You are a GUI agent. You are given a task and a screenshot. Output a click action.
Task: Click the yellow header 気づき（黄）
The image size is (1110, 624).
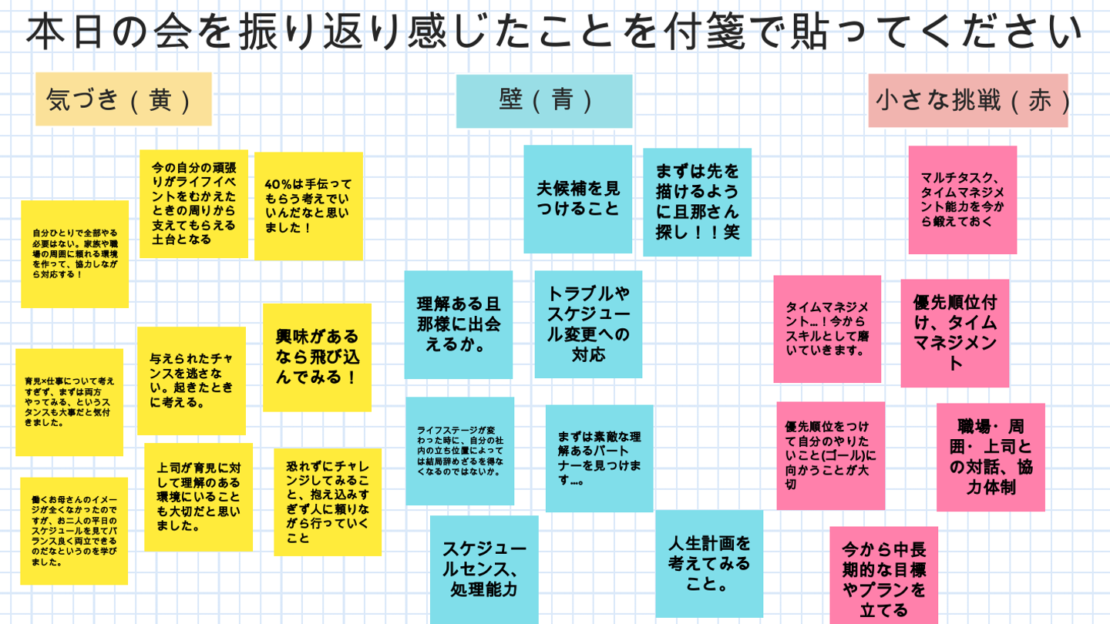pos(123,99)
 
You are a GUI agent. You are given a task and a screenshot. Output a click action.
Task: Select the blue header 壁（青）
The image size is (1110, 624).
pos(544,101)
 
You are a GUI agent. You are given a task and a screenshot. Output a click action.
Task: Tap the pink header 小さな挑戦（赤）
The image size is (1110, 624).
pos(968,101)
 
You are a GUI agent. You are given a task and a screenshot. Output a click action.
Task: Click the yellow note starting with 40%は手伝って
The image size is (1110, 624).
pos(308,206)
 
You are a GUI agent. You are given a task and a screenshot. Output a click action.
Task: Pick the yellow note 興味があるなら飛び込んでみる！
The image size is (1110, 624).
pos(317,357)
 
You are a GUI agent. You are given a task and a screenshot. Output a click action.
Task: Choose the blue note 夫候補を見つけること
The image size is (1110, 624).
pos(578,199)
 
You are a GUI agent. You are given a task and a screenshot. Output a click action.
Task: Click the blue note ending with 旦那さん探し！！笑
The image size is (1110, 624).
pos(697,202)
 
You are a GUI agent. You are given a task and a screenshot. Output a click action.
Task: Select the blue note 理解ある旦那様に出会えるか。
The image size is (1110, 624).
pos(459,324)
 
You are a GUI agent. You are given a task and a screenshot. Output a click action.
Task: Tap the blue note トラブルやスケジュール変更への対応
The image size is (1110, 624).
pos(588,324)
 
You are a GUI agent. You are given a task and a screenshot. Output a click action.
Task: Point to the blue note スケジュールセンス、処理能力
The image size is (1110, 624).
pos(484,569)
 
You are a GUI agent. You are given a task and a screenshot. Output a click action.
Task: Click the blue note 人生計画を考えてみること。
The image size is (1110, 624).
pos(709,564)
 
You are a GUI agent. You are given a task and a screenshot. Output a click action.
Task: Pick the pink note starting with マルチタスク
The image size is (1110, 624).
pos(962,200)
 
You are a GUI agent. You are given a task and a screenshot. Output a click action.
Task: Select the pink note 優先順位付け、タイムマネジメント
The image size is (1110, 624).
pos(954,333)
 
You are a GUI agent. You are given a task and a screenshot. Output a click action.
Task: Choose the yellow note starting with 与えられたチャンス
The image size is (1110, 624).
pos(191,381)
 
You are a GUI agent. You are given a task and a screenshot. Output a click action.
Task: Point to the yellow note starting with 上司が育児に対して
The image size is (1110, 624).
pos(198,497)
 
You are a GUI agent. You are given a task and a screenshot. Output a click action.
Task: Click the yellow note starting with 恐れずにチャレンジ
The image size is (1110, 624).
pos(328,502)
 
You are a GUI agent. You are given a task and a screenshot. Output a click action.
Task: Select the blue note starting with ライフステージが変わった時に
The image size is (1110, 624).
pos(459,451)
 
